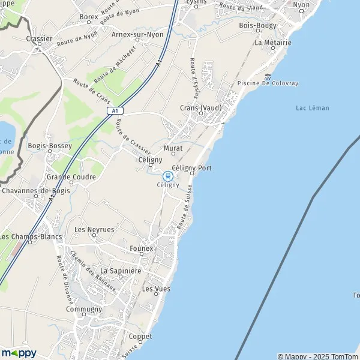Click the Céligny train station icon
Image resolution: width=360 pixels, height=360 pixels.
pos(167,176)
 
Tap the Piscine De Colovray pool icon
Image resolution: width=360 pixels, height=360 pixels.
pos(267,76)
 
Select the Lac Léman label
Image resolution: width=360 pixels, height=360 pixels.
pos(313,108)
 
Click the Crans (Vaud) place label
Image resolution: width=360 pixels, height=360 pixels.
pos(200,108)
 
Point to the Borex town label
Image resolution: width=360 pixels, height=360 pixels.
pos(89,17)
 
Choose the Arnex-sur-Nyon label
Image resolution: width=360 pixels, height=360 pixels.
pos(137,34)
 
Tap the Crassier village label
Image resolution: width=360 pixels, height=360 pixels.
pos(40,38)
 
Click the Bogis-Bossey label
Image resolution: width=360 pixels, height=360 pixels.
pos(50,146)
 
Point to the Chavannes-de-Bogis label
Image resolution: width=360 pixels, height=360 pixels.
pos(35,191)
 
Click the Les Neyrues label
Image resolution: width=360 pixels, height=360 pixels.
pos(94,230)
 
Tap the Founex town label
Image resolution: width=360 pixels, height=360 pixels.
pos(142,248)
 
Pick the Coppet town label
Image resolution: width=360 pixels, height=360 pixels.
pos(140,337)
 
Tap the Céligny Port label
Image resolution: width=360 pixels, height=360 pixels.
pos(191,169)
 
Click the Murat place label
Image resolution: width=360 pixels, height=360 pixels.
pos(173,148)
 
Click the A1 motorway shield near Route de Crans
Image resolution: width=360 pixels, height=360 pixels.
pos(115,111)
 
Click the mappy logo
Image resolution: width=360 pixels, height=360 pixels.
pos(19,353)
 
